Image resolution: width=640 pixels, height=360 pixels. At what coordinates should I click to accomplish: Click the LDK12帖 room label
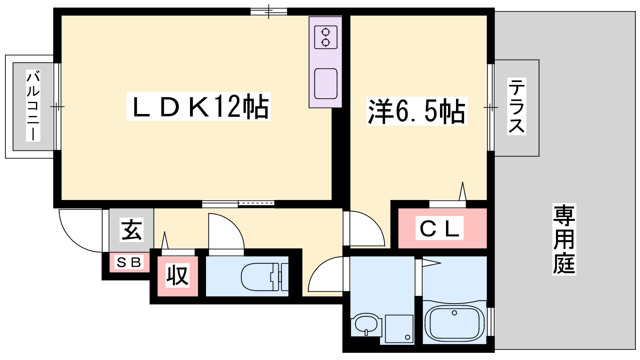[x=198, y=106]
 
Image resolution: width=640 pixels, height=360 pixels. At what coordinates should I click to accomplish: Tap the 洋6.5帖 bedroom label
[x=417, y=111]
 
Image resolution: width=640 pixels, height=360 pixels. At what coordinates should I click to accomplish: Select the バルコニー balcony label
[x=33, y=106]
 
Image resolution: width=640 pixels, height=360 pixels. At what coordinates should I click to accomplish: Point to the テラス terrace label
[x=516, y=106]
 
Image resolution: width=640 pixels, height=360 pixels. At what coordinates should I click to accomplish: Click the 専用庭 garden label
[x=564, y=239]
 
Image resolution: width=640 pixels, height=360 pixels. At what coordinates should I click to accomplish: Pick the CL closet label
[x=439, y=228]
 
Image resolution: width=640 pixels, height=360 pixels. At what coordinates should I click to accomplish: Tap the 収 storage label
[x=178, y=275]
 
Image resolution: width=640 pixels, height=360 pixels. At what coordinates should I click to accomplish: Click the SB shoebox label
[x=129, y=262]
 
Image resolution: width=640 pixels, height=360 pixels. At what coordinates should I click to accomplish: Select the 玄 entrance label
[x=132, y=230]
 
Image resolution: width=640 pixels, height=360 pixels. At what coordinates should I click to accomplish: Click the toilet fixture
[x=264, y=276]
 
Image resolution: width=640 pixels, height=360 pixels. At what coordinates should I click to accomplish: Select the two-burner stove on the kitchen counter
[x=326, y=37]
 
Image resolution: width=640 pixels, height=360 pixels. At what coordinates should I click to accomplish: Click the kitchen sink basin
[x=326, y=84]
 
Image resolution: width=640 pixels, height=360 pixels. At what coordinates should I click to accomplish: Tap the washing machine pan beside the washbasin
[x=399, y=328]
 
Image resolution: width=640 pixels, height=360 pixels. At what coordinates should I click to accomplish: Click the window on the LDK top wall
[x=269, y=12]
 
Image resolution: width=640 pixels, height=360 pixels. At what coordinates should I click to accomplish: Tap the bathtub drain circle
[x=454, y=313]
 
